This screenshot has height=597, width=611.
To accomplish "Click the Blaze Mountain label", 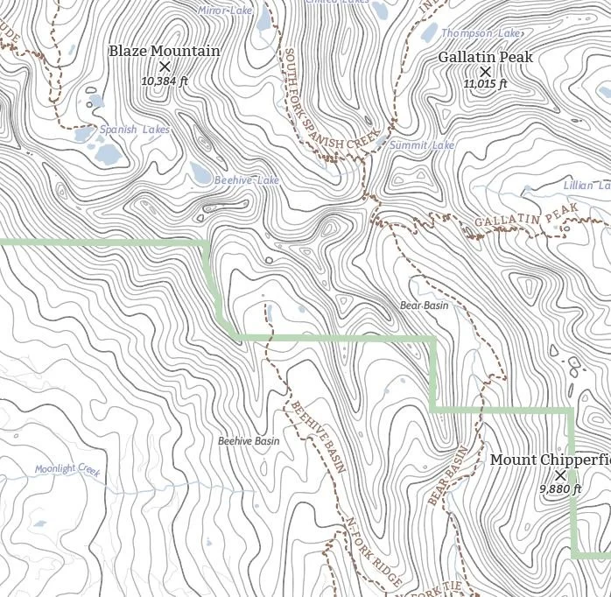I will point(165,51).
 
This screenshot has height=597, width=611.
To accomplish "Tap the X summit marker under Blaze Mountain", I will point(164,67).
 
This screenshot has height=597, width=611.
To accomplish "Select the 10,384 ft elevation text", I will point(165,81).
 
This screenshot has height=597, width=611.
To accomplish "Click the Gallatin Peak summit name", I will point(485,57).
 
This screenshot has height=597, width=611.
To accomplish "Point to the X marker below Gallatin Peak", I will point(486,72).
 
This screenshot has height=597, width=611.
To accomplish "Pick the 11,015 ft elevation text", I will point(486,84).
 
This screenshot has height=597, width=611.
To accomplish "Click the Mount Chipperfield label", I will point(550,460).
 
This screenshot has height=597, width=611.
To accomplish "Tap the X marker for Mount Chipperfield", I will point(560,475).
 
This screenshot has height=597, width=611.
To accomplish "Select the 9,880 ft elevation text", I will point(560,489).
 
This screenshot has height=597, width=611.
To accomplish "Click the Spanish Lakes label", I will point(134,130).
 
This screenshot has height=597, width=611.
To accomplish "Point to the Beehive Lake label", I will point(247,180).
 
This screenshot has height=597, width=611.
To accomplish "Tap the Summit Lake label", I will point(422,145).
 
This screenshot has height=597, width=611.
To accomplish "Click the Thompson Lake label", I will point(481,33).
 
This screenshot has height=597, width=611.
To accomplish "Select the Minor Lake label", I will point(225,11).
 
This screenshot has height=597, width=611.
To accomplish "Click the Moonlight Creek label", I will point(68,469).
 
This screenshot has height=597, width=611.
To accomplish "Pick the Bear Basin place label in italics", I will point(424,306).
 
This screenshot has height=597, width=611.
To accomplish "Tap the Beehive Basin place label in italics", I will point(249,441).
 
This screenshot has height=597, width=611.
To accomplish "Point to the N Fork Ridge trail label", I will point(374,551).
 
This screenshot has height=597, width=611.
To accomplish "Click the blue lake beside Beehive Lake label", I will point(200,174).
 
